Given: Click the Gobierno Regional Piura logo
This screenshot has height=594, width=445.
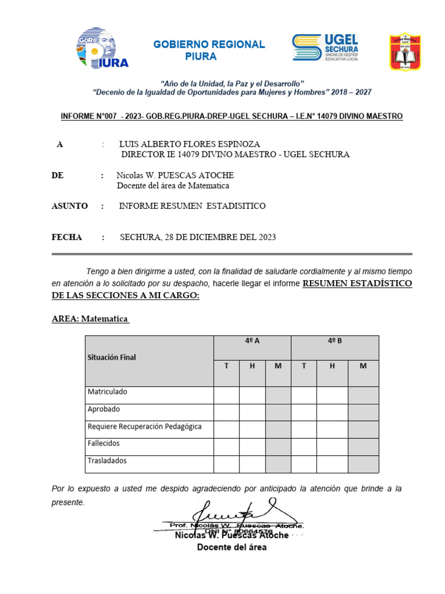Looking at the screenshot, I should tap(102, 48).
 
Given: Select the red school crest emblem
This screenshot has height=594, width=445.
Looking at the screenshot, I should tap(404, 52).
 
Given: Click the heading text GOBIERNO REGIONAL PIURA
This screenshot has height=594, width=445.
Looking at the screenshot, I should tap(209, 50).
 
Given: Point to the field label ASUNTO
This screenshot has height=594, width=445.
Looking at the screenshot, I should tap(70, 206).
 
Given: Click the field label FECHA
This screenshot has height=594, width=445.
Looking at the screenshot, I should tap(67, 237).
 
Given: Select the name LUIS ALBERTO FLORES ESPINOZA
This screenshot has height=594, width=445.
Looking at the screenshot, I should tap(189, 144).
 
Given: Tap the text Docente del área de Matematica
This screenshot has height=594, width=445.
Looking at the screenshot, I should tap(173, 186).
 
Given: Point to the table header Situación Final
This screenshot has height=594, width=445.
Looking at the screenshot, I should tap(112, 357).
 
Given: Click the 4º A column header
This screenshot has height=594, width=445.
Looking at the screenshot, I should tap(252, 341).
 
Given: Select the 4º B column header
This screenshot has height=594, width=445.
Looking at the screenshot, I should tap(334, 341).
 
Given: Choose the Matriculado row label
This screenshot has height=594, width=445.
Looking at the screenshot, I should tap(107, 392).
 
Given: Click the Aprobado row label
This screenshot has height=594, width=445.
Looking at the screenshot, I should tap(104, 409).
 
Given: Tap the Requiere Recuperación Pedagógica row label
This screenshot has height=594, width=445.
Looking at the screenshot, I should tap(144, 426).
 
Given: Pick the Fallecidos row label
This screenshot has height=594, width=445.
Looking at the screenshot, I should tap(104, 443).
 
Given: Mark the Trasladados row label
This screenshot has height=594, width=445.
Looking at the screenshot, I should tap(107, 461).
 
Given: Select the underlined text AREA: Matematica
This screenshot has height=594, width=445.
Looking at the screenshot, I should tap(90, 319).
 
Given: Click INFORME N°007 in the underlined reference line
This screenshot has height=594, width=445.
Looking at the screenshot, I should tap(88, 117).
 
